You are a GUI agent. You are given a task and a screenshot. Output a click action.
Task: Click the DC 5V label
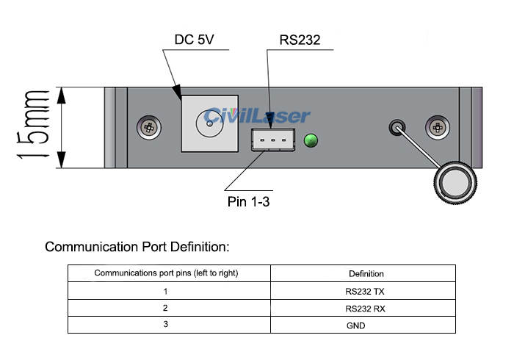pyautogui.click(x=195, y=40)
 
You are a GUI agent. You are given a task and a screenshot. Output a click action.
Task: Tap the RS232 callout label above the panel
pyautogui.click(x=300, y=40)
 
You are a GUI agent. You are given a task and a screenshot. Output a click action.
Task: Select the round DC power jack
pyautogui.click(x=210, y=123)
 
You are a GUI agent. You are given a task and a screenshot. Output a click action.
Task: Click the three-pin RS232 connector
pyautogui.click(x=272, y=140)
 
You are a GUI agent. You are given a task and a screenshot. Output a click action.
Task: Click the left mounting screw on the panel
pyautogui.click(x=149, y=127)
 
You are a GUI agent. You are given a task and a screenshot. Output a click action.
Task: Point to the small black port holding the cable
pyautogui.click(x=397, y=127)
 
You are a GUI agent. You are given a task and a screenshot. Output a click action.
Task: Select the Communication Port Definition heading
pyautogui.click(x=137, y=246)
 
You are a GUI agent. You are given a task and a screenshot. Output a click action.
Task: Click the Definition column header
pyautogui.click(x=366, y=273)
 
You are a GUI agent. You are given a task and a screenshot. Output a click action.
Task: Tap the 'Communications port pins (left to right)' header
pyautogui.click(x=166, y=273)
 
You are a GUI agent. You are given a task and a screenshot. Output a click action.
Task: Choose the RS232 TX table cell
pyautogui.click(x=365, y=291)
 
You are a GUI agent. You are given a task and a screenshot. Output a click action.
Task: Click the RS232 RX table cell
pyautogui.click(x=365, y=308)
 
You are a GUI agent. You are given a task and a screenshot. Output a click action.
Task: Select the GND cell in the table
pyautogui.click(x=365, y=325)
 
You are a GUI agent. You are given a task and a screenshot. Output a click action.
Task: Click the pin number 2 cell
pyautogui.click(x=166, y=308)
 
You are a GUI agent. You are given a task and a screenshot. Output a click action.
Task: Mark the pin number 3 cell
pyautogui.click(x=166, y=325)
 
